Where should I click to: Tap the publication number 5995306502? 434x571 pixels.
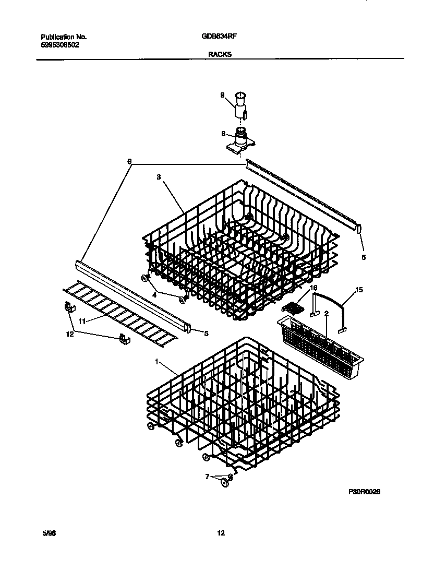pyautogui.click(x=60, y=45)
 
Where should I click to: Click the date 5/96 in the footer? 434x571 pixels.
pyautogui.click(x=48, y=533)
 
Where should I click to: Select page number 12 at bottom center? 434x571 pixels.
pyautogui.click(x=221, y=533)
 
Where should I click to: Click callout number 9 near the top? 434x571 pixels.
pyautogui.click(x=222, y=95)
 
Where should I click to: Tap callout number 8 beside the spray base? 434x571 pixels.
pyautogui.click(x=223, y=134)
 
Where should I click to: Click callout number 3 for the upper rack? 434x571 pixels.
pyautogui.click(x=159, y=177)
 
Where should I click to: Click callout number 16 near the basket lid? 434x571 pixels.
pyautogui.click(x=314, y=288)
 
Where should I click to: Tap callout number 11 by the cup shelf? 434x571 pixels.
pyautogui.click(x=82, y=322)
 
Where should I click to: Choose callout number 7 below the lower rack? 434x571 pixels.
pyautogui.click(x=207, y=476)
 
